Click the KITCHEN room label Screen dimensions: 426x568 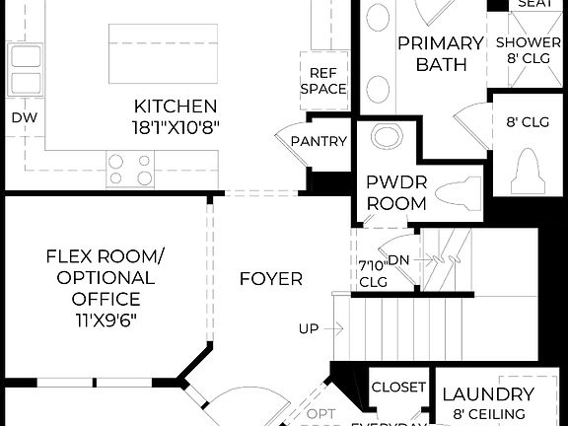[176, 106]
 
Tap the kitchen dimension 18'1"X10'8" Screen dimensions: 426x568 [176, 126]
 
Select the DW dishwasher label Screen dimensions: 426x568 [23, 117]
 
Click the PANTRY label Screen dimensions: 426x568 [319, 141]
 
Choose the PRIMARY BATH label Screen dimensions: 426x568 [440, 53]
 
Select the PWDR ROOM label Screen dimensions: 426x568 [395, 192]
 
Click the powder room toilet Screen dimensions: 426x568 [461, 189]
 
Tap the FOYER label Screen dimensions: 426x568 [270, 279]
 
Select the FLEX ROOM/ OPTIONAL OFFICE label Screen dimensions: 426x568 [106, 278]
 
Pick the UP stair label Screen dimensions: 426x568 [310, 328]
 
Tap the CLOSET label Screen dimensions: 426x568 [398, 388]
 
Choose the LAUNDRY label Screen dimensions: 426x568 [488, 394]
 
